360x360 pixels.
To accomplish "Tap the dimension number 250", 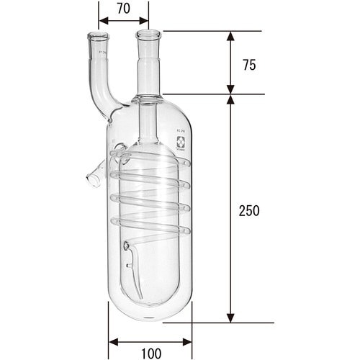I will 248,211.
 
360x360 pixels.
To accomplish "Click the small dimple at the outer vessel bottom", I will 150,318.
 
